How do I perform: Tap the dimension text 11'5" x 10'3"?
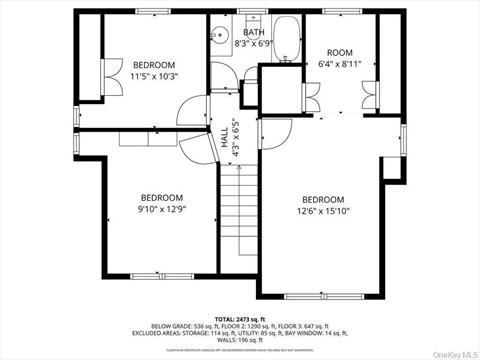click(x=154, y=76)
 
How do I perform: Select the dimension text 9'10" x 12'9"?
click(x=162, y=209)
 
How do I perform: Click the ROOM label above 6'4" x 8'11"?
click(x=340, y=53)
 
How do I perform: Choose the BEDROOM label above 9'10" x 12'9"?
click(x=162, y=197)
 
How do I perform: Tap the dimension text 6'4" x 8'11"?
click(x=340, y=65)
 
